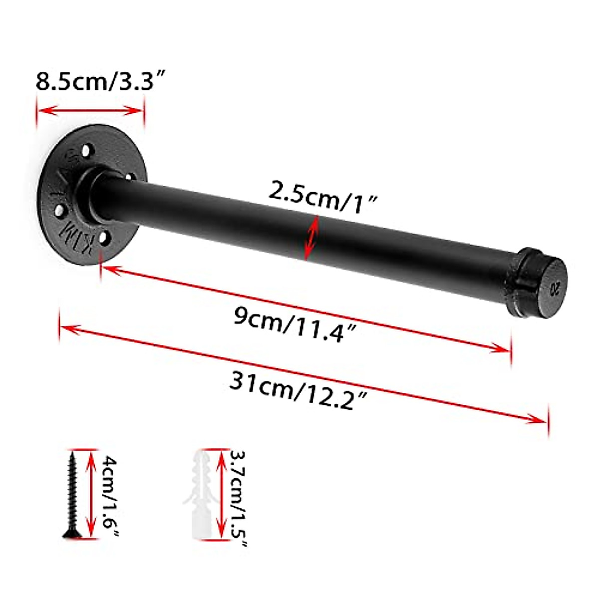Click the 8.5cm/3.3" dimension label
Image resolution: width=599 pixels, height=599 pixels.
tap(100, 81)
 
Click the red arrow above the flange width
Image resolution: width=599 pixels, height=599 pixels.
tap(90, 110)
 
